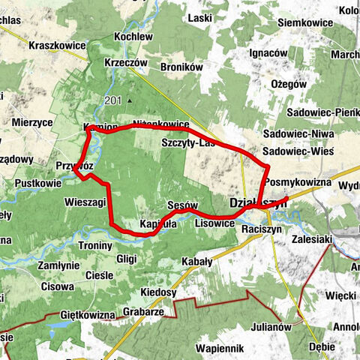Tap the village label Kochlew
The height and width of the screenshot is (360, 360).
133,37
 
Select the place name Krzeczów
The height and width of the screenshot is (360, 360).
125,63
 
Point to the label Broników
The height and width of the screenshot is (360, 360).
181,67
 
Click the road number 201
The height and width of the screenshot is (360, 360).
112,100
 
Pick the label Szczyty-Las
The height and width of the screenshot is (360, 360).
188,142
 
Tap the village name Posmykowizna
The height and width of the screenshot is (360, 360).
298,182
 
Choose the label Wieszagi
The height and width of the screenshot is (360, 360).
85,202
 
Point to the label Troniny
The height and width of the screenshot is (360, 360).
95,245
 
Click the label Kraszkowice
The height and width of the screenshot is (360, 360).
57,46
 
